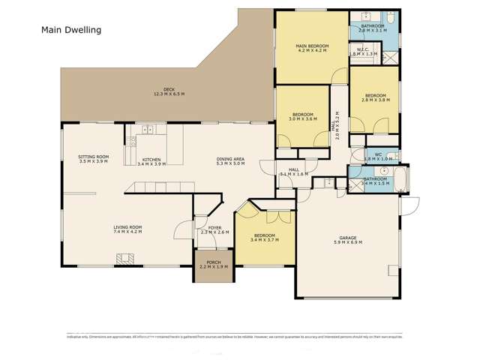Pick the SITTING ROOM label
(x=94, y=157)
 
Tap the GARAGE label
(x=347, y=238)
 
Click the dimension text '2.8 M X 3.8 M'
(x=375, y=100)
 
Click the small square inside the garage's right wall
(x=391, y=272)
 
